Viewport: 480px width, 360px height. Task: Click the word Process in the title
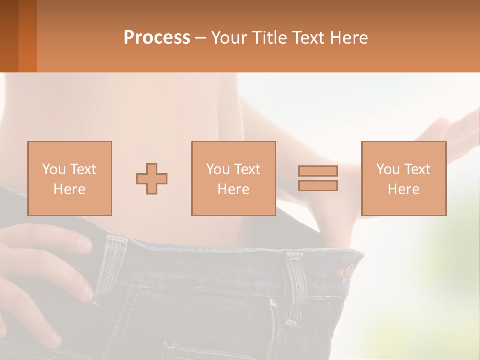pyautogui.click(x=157, y=38)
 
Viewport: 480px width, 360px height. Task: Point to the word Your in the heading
pyautogui.click(x=229, y=38)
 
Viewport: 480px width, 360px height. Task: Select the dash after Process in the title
pyautogui.click(x=200, y=38)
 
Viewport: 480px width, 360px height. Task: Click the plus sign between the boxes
pyautogui.click(x=152, y=178)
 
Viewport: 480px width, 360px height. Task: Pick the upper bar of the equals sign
pyautogui.click(x=318, y=171)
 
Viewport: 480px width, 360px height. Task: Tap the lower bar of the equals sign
pyautogui.click(x=318, y=185)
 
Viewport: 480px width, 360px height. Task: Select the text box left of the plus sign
pyautogui.click(x=70, y=178)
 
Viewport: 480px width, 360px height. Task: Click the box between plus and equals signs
pyautogui.click(x=234, y=178)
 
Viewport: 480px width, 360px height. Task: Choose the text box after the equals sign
pyautogui.click(x=403, y=178)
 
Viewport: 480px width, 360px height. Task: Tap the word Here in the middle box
pyautogui.click(x=234, y=189)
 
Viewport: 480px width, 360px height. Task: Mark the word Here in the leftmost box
pyautogui.click(x=70, y=189)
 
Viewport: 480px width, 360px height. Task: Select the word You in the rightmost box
pyautogui.click(x=388, y=169)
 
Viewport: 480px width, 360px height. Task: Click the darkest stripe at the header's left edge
pyautogui.click(x=9, y=36)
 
